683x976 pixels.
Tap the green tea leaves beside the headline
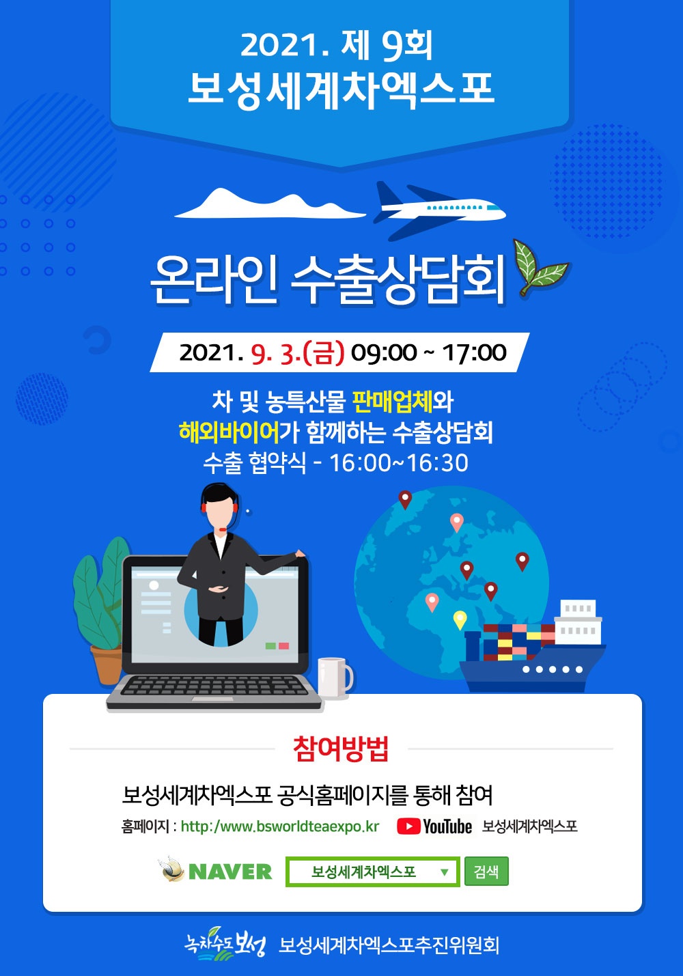540,266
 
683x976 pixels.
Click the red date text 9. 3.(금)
298,353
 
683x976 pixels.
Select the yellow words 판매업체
393,402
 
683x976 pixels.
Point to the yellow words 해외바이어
229,432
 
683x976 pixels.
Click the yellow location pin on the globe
460,620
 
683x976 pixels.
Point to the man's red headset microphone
223,529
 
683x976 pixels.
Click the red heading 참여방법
341,749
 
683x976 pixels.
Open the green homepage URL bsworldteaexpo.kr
279,826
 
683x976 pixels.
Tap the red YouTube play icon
408,826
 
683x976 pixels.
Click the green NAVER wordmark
230,872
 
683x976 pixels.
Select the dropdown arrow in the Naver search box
444,872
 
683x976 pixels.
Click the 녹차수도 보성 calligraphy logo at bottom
224,943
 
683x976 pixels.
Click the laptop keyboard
214,686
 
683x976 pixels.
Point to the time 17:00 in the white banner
475,353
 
